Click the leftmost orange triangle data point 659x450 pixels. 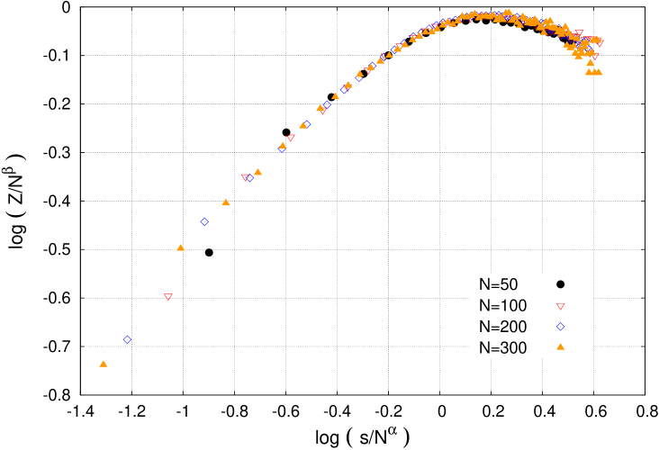click(x=104, y=364)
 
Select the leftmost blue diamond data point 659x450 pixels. click(x=127, y=339)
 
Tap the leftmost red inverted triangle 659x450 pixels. click(x=168, y=297)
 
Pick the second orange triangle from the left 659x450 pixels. click(x=181, y=247)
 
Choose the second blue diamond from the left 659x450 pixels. click(x=204, y=221)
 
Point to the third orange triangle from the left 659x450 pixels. click(x=226, y=202)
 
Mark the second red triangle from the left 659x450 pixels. click(x=245, y=177)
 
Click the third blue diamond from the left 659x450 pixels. click(x=249, y=177)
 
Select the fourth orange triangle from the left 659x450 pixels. click(x=258, y=172)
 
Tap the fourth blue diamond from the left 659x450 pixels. click(x=282, y=148)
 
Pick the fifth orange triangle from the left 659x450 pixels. click(x=283, y=145)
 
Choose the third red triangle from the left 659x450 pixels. click(x=291, y=138)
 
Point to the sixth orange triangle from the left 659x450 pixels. click(x=303, y=125)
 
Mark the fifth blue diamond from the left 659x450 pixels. click(x=307, y=123)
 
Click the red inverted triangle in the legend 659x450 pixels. click(x=560, y=307)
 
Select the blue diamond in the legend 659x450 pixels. click(x=560, y=327)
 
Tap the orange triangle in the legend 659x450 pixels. click(x=560, y=346)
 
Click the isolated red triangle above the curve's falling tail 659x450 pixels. click(x=579, y=33)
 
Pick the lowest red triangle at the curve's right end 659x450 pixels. click(x=594, y=57)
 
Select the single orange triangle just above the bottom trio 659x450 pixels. click(x=591, y=62)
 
